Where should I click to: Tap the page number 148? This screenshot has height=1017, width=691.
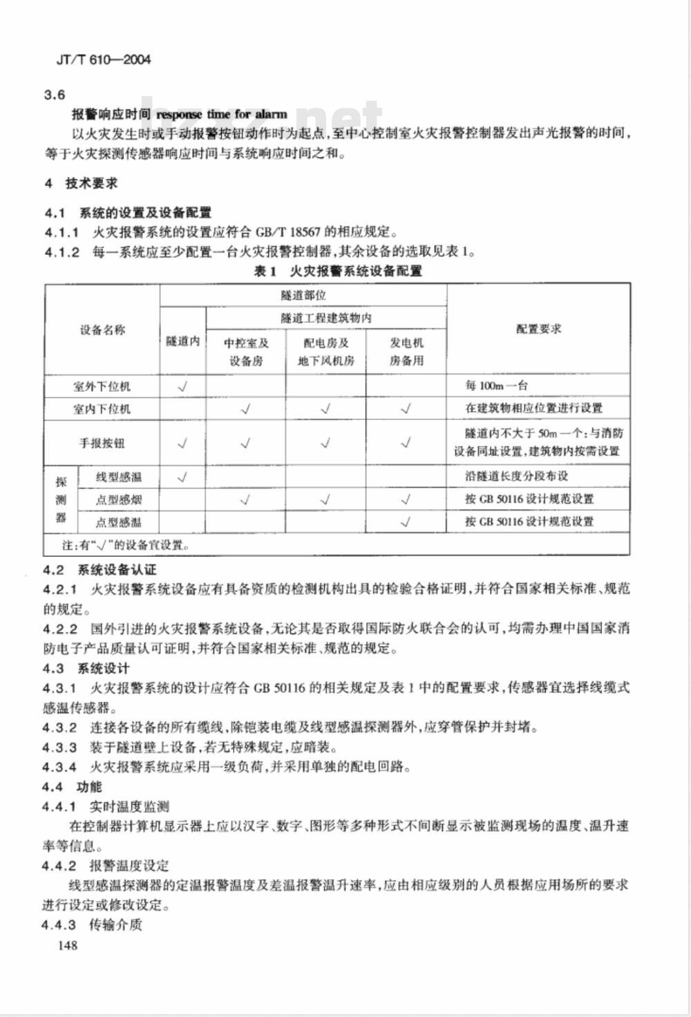click(68, 946)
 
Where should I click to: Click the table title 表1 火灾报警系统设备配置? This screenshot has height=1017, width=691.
click(338, 271)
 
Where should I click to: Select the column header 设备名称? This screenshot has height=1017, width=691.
click(102, 330)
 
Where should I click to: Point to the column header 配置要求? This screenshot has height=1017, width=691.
click(538, 329)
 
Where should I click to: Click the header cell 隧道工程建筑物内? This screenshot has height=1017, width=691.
click(326, 318)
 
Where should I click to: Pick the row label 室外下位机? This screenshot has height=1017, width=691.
click(102, 386)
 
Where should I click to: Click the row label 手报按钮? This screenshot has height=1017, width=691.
click(102, 443)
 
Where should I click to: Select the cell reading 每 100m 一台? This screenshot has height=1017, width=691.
click(496, 386)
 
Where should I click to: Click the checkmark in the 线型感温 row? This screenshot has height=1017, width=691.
click(183, 477)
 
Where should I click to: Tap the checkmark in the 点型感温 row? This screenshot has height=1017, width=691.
click(406, 522)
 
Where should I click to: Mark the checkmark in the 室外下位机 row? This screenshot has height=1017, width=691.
click(183, 386)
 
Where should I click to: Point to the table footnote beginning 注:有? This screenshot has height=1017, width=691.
click(125, 544)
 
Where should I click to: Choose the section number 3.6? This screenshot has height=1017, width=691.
click(55, 95)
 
